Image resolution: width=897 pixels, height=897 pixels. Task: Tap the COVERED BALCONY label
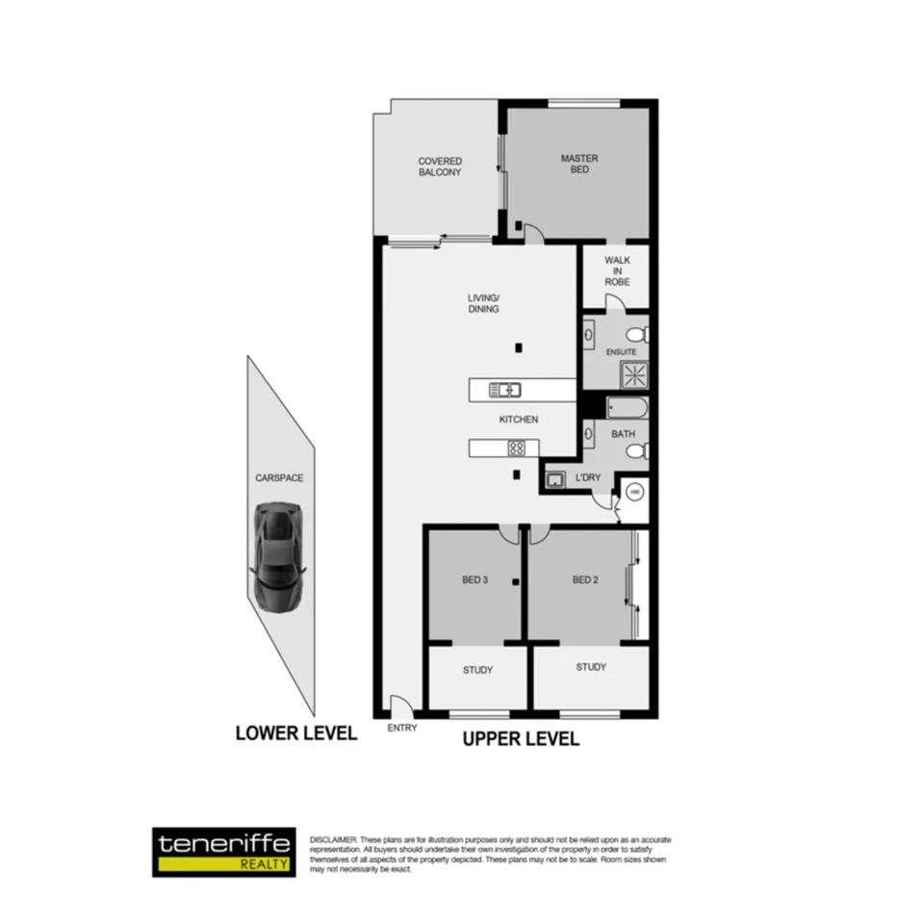(x=440, y=167)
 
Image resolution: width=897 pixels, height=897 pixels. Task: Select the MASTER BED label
(x=579, y=164)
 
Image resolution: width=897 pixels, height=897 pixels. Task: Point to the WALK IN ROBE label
(x=617, y=270)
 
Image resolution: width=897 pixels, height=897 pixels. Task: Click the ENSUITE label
(x=621, y=352)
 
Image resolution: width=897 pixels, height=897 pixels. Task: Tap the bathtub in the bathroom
(x=628, y=408)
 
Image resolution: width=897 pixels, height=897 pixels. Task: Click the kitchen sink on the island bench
(x=505, y=390)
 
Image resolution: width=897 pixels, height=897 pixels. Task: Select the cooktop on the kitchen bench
(x=516, y=448)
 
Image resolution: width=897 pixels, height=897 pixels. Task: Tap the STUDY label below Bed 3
(x=478, y=671)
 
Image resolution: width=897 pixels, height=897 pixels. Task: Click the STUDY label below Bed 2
(x=591, y=667)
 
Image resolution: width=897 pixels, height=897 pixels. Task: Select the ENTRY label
(x=402, y=729)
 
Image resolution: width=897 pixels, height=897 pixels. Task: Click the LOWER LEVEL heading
(x=296, y=733)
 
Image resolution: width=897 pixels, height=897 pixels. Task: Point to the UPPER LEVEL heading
(x=521, y=739)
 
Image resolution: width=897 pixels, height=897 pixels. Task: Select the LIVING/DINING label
(x=484, y=303)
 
